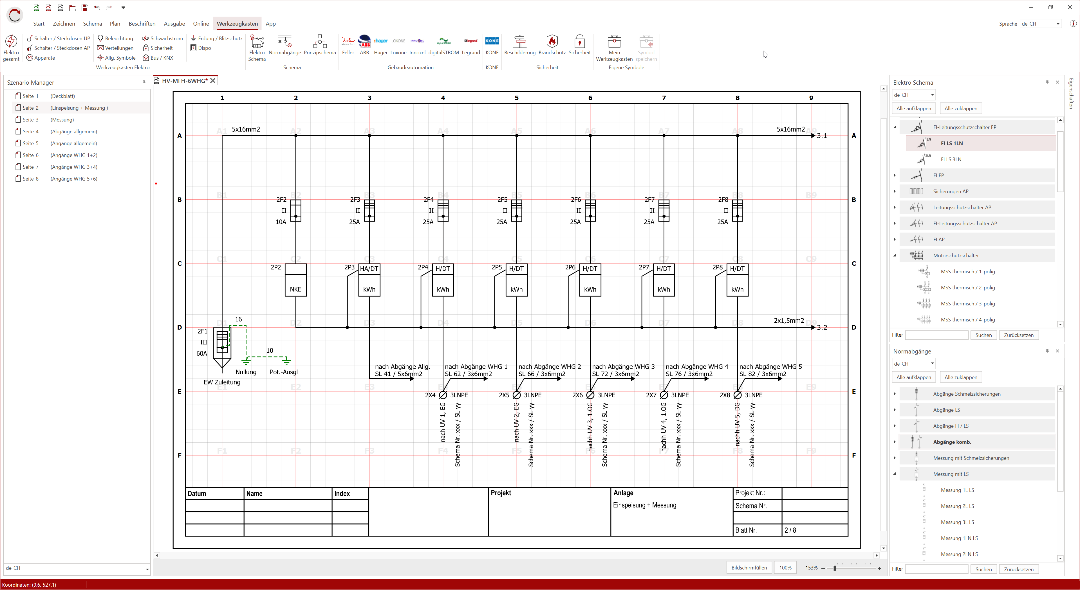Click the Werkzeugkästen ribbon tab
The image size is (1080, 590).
click(237, 23)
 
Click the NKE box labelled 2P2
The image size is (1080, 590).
click(295, 280)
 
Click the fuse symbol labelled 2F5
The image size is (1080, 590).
click(517, 210)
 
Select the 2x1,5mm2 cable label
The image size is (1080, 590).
click(789, 321)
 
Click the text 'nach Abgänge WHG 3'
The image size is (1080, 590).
click(623, 367)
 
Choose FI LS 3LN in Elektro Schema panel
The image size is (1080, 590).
click(951, 159)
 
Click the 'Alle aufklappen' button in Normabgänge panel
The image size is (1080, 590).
click(914, 377)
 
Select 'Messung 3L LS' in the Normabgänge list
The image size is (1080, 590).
click(957, 522)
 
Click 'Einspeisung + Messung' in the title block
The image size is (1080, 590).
click(644, 505)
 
